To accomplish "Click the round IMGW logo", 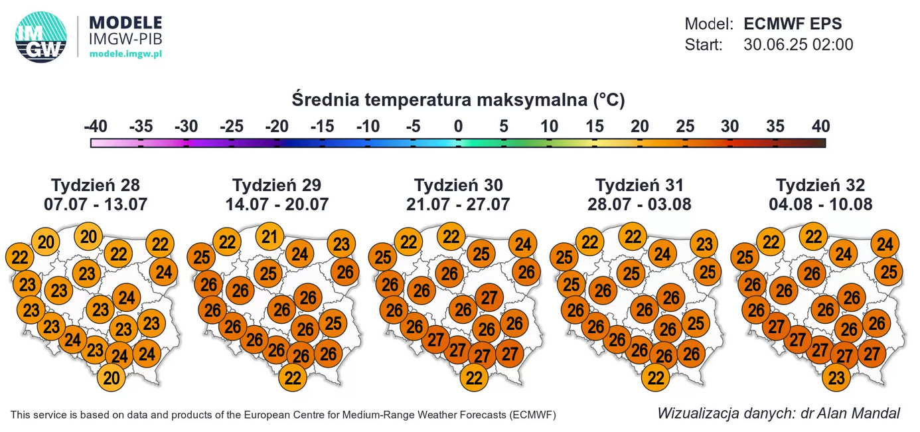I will (41, 37).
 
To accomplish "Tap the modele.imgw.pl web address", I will (125, 54).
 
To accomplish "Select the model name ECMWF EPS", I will (793, 25).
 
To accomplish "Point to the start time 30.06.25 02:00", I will (798, 45).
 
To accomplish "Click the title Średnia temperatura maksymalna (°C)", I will (458, 100).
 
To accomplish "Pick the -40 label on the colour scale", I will (96, 126).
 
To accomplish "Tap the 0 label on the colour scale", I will (458, 126).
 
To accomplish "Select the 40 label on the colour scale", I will (820, 126).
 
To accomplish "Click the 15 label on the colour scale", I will (594, 126).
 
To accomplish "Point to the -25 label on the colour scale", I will (232, 126).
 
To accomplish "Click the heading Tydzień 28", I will (96, 185).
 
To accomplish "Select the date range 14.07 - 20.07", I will (277, 204).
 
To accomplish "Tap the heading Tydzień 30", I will (458, 185).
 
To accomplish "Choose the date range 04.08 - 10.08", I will (820, 204).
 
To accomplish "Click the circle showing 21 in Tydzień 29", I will (269, 237).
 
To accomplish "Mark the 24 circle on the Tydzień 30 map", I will (523, 245).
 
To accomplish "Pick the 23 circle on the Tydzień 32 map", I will (837, 378).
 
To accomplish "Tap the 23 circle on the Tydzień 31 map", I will (704, 244).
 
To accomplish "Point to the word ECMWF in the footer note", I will (533, 415).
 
